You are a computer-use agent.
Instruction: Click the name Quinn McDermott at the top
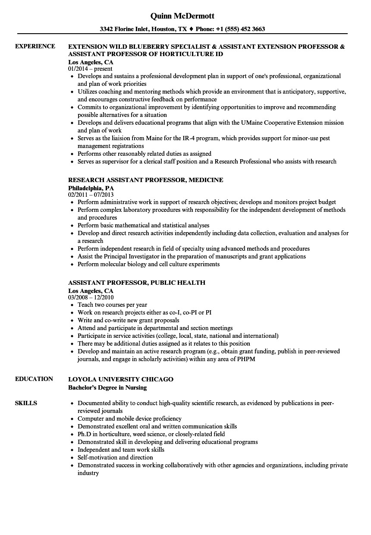click(x=182, y=16)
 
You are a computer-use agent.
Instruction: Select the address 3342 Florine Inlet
click(x=126, y=29)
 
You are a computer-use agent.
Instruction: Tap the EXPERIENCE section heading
click(x=35, y=46)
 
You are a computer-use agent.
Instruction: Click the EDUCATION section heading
click(x=34, y=379)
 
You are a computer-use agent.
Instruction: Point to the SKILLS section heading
click(x=26, y=403)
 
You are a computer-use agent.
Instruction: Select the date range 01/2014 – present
click(x=90, y=69)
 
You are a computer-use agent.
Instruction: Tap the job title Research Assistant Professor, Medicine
click(x=145, y=180)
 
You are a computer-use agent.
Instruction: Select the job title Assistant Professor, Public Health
click(x=137, y=283)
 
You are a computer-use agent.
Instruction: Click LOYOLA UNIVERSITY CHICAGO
click(x=121, y=379)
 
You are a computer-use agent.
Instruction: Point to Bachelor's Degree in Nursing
click(x=107, y=387)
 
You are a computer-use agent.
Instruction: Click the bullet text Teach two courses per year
click(x=112, y=305)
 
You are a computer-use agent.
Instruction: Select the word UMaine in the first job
click(x=257, y=123)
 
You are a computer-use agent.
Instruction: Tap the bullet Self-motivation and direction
click(x=115, y=457)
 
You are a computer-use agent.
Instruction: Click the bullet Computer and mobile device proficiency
click(x=129, y=419)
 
